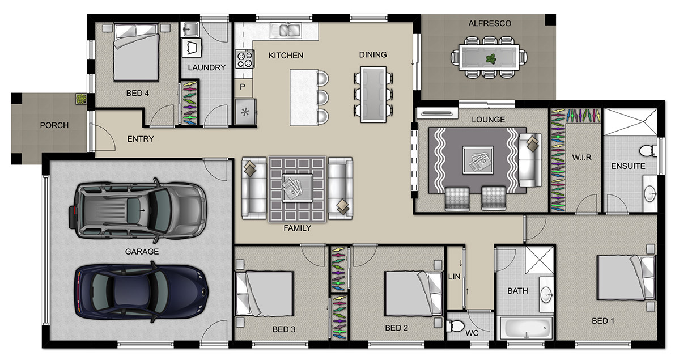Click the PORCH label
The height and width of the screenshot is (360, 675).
point(54,125)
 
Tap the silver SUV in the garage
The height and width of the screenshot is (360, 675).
point(137,208)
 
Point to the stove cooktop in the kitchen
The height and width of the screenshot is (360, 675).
point(244,59)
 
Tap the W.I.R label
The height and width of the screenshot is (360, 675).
point(581,158)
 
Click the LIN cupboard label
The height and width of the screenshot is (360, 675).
point(454,277)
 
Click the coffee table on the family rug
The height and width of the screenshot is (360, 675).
point(298,188)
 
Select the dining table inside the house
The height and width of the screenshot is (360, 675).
point(373,94)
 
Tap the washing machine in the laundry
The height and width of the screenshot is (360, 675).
point(192,48)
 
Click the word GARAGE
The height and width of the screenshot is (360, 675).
point(142,252)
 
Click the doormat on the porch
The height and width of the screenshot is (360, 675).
point(81,99)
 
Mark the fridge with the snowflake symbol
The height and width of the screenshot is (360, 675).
point(245,112)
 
